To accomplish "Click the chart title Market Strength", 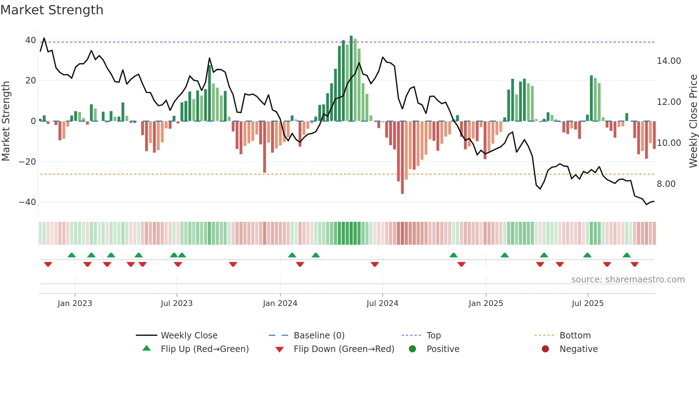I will tap(52, 10).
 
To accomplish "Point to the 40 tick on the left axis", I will tap(31, 40).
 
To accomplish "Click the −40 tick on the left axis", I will tap(27, 202).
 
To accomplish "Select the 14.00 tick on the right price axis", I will tap(669, 61).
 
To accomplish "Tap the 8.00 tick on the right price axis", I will tap(666, 184).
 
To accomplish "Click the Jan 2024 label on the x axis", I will tap(280, 303).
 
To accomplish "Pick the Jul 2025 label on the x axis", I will tap(587, 303).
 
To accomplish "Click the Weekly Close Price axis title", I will tap(693, 121).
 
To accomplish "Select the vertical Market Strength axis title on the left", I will tap(6, 121).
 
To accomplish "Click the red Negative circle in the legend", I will tap(545, 349).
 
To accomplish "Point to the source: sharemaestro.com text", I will tap(628, 280).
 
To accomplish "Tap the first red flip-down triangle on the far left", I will tap(48, 264).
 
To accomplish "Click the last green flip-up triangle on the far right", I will tap(627, 255).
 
